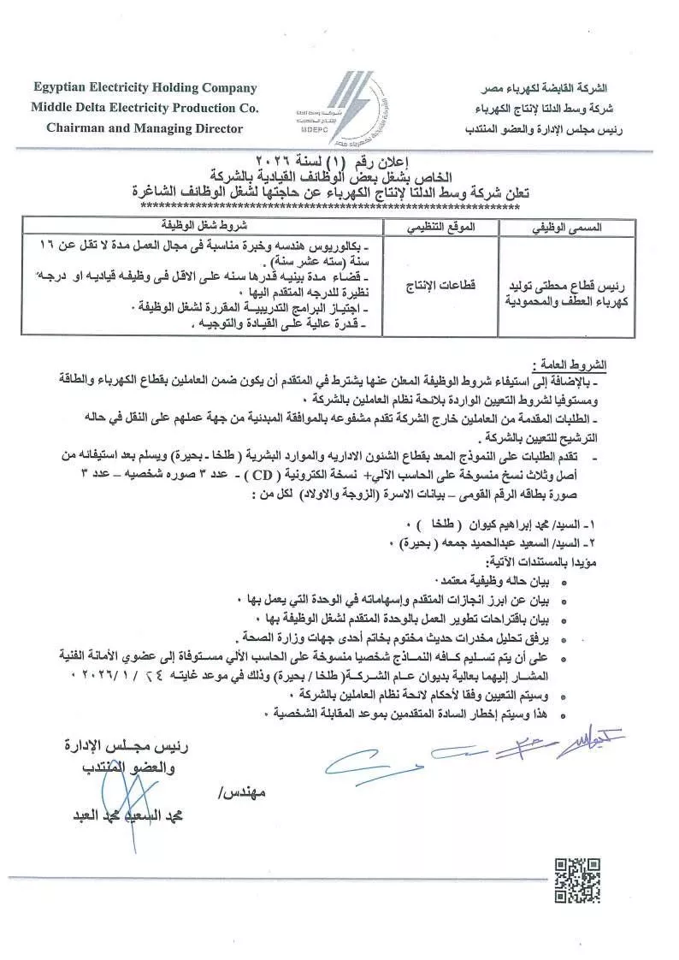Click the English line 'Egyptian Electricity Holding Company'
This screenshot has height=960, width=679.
144,87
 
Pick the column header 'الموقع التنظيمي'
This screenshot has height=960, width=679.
440,228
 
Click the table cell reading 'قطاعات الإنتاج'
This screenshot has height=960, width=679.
440,285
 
